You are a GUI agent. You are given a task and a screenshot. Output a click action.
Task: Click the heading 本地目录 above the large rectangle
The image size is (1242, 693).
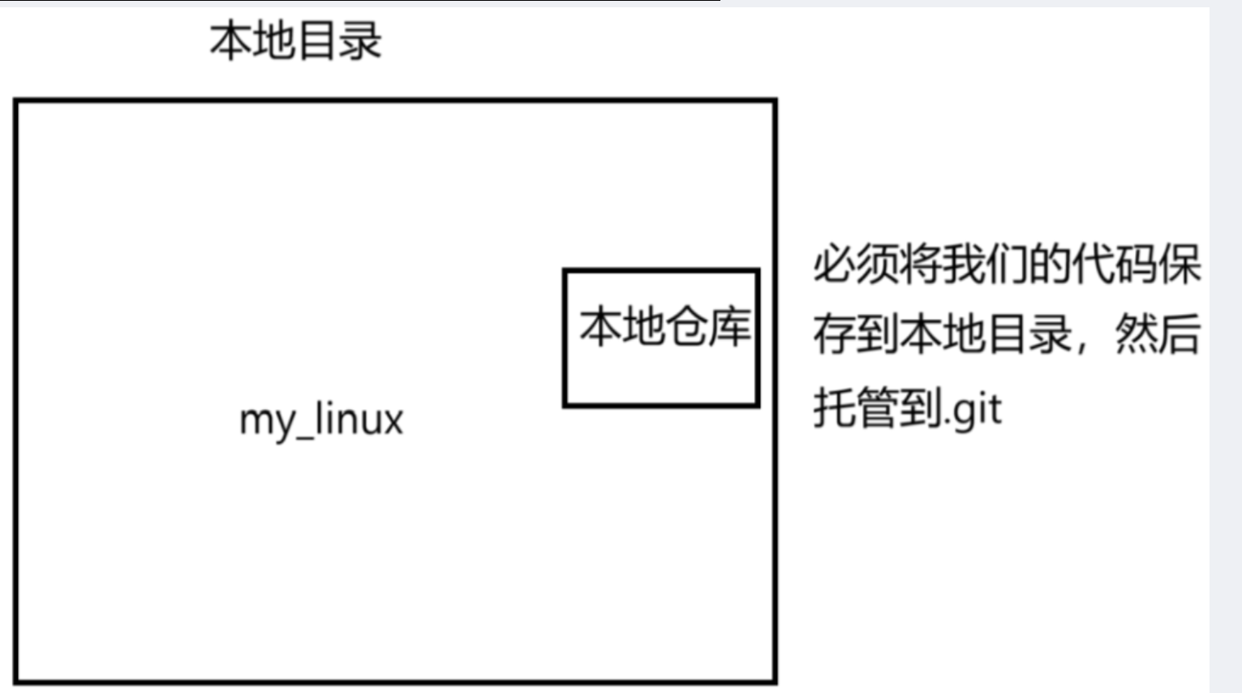point(295,41)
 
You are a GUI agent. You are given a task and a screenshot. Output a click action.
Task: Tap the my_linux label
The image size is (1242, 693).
point(321,420)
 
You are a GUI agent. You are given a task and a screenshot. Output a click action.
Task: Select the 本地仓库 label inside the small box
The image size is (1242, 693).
point(664,327)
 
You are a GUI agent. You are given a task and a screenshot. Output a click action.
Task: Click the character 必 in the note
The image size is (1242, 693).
point(835,265)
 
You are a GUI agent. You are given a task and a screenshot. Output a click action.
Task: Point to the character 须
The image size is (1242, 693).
point(878,265)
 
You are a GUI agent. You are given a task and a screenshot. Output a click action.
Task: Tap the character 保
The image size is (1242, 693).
point(1179,265)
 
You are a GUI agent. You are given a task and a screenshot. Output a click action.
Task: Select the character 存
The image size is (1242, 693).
point(835,334)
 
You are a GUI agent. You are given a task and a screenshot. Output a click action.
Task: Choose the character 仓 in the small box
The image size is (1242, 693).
point(686,327)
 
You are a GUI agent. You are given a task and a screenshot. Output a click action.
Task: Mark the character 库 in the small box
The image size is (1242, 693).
point(729,327)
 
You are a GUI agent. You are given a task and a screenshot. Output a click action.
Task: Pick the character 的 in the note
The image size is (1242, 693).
point(1050,265)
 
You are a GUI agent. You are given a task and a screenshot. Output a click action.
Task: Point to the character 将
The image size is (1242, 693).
point(921,265)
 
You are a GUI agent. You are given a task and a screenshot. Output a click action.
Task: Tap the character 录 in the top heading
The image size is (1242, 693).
point(359,41)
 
